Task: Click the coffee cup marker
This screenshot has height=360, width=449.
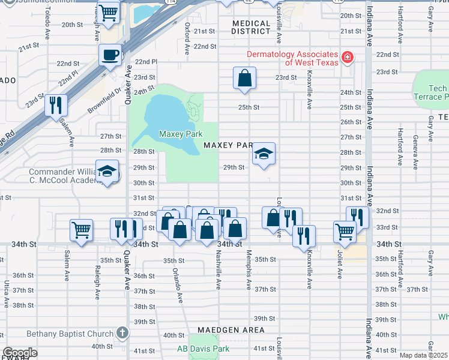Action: pyautogui.click(x=110, y=56)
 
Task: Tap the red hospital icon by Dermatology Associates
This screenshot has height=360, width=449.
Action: pyautogui.click(x=346, y=58)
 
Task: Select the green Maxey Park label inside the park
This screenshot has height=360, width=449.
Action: pyautogui.click(x=180, y=134)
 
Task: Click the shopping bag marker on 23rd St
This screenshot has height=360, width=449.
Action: pyautogui.click(x=244, y=78)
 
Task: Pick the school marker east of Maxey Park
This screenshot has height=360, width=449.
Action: pyautogui.click(x=264, y=154)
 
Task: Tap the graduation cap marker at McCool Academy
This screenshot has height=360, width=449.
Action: pyautogui.click(x=107, y=172)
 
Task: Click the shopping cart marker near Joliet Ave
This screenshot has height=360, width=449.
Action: pyautogui.click(x=345, y=231)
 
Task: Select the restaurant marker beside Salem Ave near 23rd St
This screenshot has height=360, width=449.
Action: pyautogui.click(x=56, y=106)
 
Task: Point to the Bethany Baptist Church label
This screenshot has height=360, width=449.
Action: pyautogui.click(x=70, y=334)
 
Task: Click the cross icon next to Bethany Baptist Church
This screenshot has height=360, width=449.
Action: pyautogui.click(x=122, y=333)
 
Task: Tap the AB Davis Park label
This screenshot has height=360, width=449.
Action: pyautogui.click(x=203, y=349)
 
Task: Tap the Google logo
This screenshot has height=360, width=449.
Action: pyautogui.click(x=20, y=353)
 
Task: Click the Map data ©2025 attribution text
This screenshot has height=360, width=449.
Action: pyautogui.click(x=423, y=355)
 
